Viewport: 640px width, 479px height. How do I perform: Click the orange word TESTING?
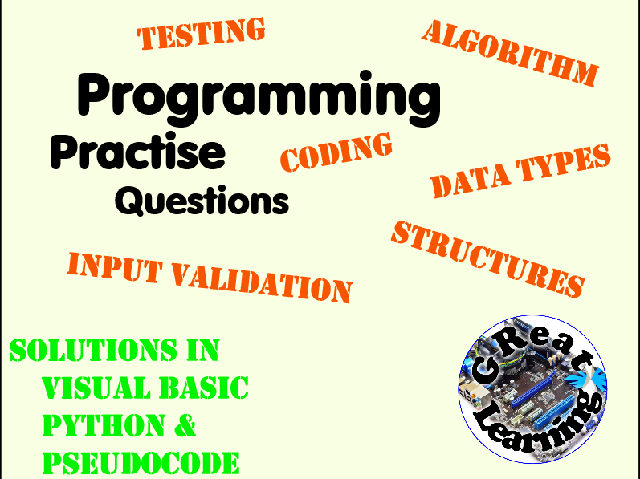pyautogui.click(x=201, y=34)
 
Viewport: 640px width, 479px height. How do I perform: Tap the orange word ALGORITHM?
pyautogui.click(x=510, y=53)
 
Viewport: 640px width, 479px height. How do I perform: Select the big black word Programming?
pyautogui.click(x=259, y=98)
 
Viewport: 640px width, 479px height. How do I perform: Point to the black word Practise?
pyautogui.click(x=138, y=151)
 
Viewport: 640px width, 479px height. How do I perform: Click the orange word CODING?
pyautogui.click(x=336, y=152)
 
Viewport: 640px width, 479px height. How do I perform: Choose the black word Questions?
pyautogui.click(x=202, y=201)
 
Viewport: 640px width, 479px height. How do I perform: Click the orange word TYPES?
pyautogui.click(x=563, y=162)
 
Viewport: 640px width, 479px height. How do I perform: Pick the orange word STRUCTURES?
pyautogui.click(x=487, y=259)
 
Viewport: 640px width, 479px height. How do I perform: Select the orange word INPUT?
pyautogui.click(x=115, y=267)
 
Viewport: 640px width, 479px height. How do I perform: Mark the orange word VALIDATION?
pyautogui.click(x=262, y=283)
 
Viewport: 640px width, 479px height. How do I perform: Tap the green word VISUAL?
pyautogui.click(x=96, y=388)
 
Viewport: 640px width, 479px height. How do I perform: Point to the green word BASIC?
pyautogui.click(x=204, y=388)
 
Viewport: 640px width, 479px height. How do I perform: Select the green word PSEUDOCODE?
pyautogui.click(x=141, y=462)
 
